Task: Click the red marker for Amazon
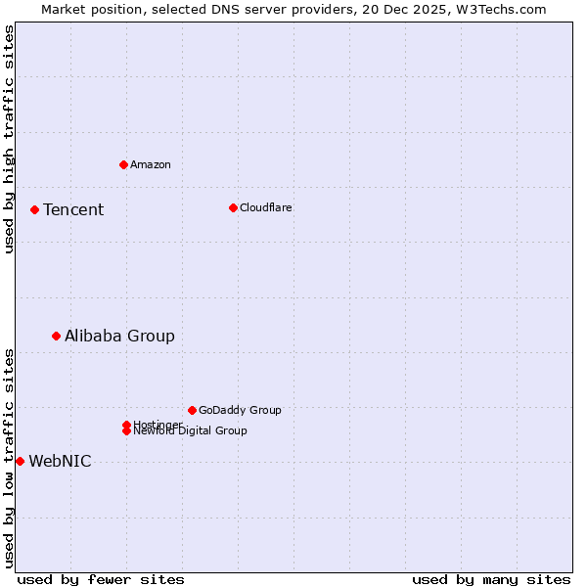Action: coord(123,164)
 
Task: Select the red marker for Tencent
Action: coord(34,209)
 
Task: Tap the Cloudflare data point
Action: coord(233,207)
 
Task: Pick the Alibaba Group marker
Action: coord(56,336)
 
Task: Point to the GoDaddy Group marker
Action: coord(192,410)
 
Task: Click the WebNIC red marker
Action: coord(20,461)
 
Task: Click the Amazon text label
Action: coord(151,164)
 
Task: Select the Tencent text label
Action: coord(73,209)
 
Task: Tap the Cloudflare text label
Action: coord(266,207)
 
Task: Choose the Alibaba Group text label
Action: coord(119,336)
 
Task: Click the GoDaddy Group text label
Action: coord(240,410)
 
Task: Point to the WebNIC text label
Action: coord(60,461)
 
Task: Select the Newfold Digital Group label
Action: coord(191,431)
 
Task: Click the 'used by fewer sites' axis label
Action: coord(100,579)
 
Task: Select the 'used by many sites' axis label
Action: coord(490,579)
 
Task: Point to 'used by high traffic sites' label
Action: coord(9,139)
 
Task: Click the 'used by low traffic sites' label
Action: coord(9,458)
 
